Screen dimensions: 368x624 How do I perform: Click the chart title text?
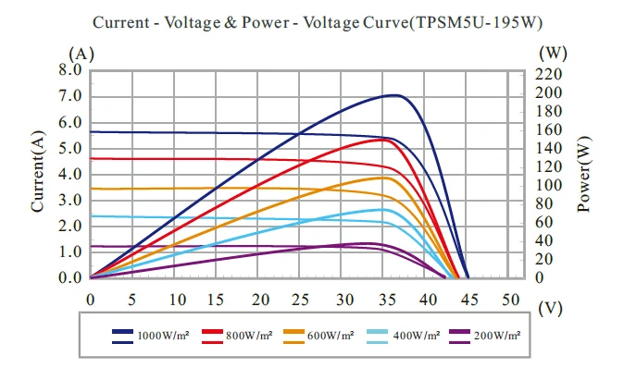coord(311,19)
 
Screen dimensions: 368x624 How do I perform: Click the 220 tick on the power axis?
coord(553,73)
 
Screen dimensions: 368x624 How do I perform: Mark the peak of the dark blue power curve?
coord(393,94)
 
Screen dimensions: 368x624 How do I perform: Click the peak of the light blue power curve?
coord(380,210)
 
